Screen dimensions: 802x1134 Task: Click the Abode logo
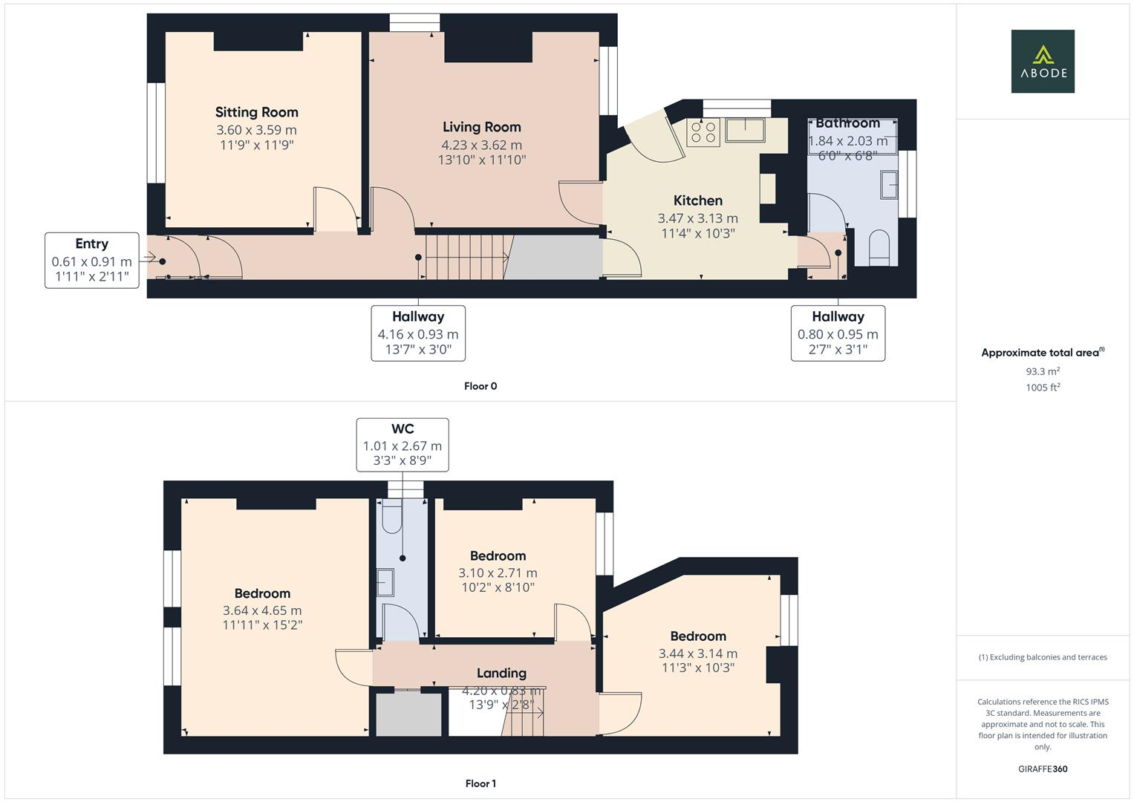click(1042, 61)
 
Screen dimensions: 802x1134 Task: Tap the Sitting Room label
click(256, 112)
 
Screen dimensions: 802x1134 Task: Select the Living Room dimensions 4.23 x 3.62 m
click(481, 145)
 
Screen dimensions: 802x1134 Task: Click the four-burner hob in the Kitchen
click(703, 133)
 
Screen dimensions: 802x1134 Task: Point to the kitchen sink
click(746, 130)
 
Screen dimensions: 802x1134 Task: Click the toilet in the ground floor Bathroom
click(879, 247)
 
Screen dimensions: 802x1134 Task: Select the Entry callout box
click(92, 260)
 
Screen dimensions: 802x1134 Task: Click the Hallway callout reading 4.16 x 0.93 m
click(418, 333)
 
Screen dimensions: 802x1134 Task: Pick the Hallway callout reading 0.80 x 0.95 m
click(838, 333)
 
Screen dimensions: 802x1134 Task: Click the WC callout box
click(402, 445)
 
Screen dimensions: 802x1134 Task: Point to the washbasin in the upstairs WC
click(385, 582)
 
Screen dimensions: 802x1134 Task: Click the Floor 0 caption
click(480, 386)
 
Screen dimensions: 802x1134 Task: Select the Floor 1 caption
click(480, 783)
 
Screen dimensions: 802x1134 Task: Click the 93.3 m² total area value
click(1042, 371)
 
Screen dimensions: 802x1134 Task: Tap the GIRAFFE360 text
click(1042, 769)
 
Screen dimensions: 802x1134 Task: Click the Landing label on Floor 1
click(501, 673)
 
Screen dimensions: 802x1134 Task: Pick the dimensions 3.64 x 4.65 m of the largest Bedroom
click(262, 610)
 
